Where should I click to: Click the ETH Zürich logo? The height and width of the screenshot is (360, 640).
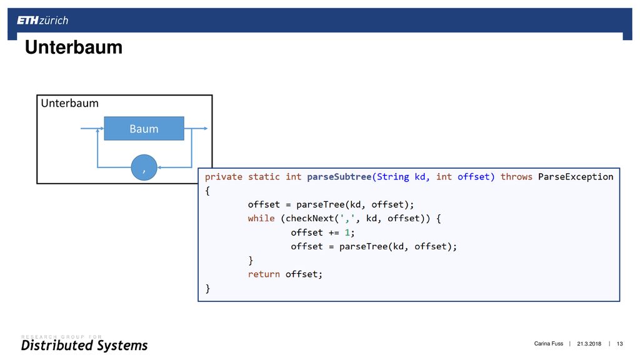(42, 21)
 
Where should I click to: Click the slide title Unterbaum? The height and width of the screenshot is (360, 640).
(74, 47)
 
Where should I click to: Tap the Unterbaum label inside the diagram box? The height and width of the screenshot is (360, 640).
(70, 103)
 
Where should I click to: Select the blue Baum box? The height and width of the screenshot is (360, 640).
(144, 129)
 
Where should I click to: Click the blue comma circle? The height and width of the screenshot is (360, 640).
(144, 167)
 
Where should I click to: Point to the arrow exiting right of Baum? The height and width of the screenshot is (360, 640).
(196, 129)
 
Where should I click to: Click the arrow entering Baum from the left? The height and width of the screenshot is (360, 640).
(92, 129)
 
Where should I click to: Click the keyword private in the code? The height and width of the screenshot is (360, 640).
(223, 177)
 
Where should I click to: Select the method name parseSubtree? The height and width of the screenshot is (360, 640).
(339, 177)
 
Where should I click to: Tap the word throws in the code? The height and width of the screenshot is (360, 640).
(516, 177)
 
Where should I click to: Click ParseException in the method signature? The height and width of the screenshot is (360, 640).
(576, 177)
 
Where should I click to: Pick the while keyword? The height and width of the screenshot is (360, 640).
(261, 218)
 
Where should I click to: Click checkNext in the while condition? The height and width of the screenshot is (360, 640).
(310, 218)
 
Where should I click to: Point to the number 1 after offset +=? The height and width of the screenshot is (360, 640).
(347, 232)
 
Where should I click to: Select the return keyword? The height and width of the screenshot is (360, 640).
(264, 274)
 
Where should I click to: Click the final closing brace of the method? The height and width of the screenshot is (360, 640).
(207, 289)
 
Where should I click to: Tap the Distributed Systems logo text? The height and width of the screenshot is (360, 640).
(84, 345)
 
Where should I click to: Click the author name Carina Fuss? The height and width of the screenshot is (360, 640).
(549, 344)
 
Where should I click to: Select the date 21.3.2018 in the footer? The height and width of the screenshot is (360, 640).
(589, 344)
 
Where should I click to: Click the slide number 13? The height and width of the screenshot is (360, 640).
(619, 344)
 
